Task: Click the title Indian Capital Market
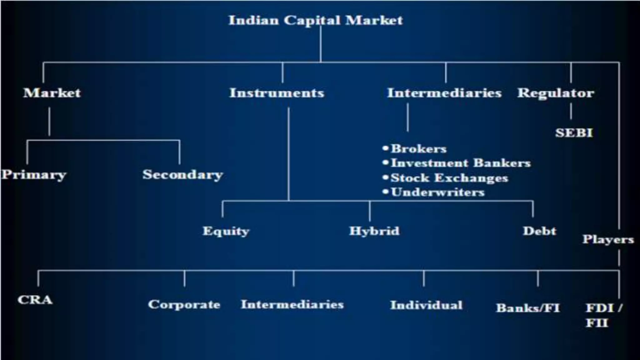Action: [x=316, y=21]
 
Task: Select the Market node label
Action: [x=52, y=93]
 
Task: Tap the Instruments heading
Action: [x=277, y=93]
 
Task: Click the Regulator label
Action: [x=556, y=93]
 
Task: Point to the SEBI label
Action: [x=574, y=133]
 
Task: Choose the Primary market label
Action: [x=34, y=175]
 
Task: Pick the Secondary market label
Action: [x=183, y=175]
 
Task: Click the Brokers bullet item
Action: [x=418, y=149]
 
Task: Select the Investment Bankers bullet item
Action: [x=461, y=163]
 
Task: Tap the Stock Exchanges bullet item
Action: [x=449, y=178]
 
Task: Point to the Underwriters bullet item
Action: [x=437, y=192]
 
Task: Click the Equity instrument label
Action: [x=226, y=231]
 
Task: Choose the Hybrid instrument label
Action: [x=374, y=231]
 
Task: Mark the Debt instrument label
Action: [x=540, y=231]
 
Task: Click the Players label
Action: [x=608, y=240]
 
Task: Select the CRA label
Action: [x=35, y=300]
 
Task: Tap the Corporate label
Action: [x=184, y=305]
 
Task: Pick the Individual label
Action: [x=426, y=305]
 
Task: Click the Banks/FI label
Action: [x=528, y=308]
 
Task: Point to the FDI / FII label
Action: [x=603, y=315]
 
